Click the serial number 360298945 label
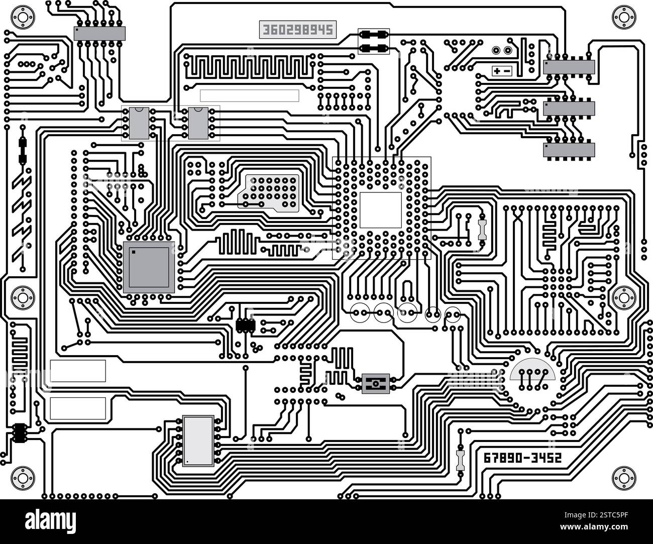(297, 30)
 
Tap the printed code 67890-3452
(522, 458)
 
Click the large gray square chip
(149, 267)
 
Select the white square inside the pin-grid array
(380, 210)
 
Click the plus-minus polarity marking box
(502, 71)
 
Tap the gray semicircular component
(532, 371)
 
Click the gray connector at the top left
(99, 34)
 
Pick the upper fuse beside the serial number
(374, 35)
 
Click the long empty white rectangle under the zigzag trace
(249, 95)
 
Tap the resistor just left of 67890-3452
(460, 459)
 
